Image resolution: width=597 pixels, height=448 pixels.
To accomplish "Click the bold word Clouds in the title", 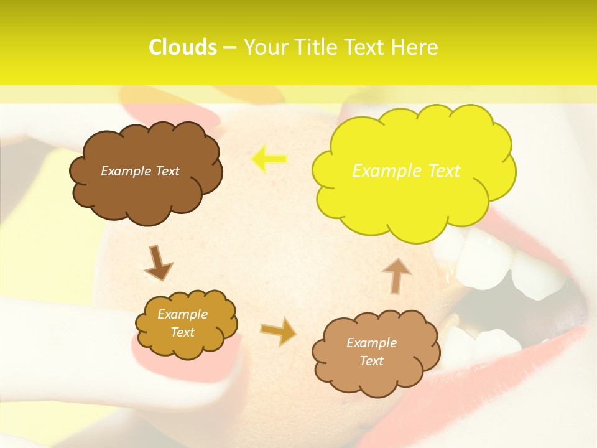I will [183, 47].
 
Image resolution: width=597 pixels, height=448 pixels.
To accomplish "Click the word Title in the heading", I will [317, 47].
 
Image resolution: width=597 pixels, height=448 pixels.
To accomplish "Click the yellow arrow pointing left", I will [269, 159].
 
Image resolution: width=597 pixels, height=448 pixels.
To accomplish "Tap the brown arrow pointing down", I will [158, 263].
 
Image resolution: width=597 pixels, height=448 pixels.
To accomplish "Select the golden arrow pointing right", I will [278, 331].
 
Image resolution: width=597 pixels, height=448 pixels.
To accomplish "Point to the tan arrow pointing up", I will [396, 276].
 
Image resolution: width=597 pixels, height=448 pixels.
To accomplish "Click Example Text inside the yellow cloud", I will [406, 170].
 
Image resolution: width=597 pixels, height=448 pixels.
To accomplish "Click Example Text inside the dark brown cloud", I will [140, 171].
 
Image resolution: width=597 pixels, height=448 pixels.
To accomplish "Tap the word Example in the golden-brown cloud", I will [182, 314].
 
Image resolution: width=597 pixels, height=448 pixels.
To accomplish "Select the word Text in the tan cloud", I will [371, 361].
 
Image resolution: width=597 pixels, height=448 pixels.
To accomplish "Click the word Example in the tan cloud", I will [371, 343].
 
